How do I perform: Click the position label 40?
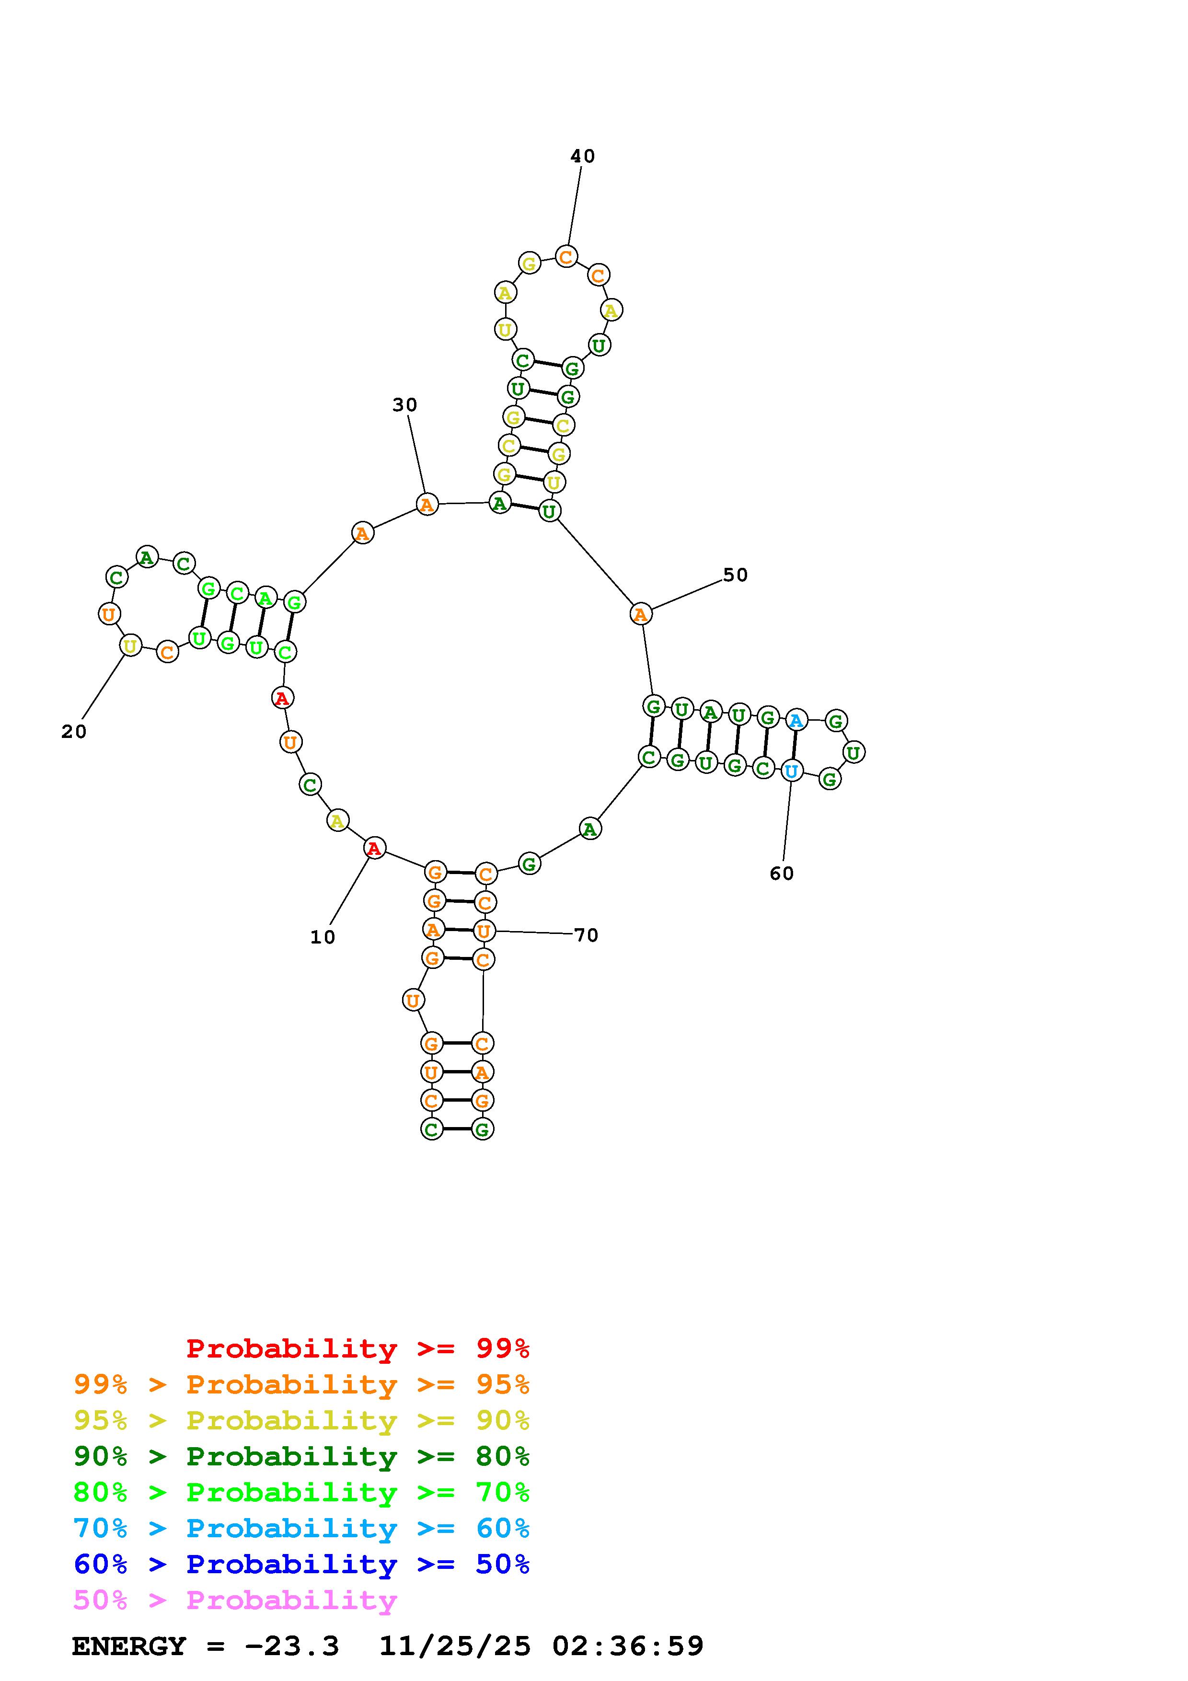coord(583,156)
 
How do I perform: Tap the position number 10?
coord(323,937)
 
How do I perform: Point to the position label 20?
coord(74,731)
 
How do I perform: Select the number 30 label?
coord(405,405)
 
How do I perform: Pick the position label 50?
coord(736,575)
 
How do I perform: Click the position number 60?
coord(782,874)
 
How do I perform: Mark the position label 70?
coord(586,935)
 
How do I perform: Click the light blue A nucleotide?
coord(796,720)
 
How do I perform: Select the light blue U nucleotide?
coord(791,771)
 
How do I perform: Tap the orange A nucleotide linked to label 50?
coord(640,614)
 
